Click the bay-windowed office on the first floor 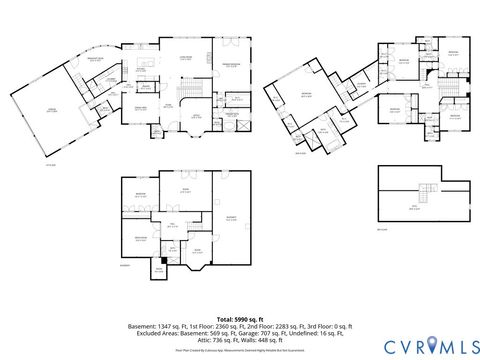[196, 119]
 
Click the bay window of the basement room [198, 263]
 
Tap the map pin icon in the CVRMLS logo [430, 344]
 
